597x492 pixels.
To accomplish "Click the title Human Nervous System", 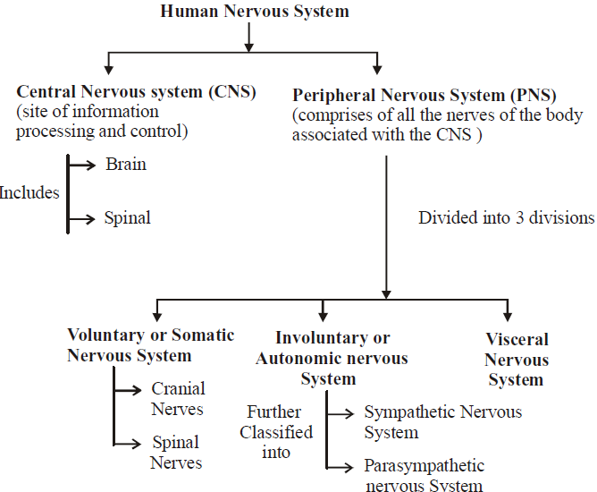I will [x=255, y=12].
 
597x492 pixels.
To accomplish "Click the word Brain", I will [x=125, y=165].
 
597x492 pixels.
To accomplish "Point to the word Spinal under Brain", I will [x=127, y=217].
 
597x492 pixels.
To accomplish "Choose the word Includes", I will [x=29, y=192].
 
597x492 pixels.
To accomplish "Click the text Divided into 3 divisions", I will [x=506, y=217].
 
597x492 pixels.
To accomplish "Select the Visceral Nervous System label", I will [x=517, y=360].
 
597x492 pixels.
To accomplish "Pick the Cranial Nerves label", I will [x=177, y=399].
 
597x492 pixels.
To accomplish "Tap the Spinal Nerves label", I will [x=175, y=452].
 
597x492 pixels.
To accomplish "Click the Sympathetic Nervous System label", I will [x=442, y=422].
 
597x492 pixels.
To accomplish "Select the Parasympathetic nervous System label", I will [x=425, y=476].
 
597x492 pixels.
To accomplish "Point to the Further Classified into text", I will [x=280, y=432].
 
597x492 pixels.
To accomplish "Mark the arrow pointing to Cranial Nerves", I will [x=127, y=390].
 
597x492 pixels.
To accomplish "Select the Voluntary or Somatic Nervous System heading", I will [x=151, y=345].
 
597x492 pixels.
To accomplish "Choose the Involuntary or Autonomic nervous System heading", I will [x=332, y=358].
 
